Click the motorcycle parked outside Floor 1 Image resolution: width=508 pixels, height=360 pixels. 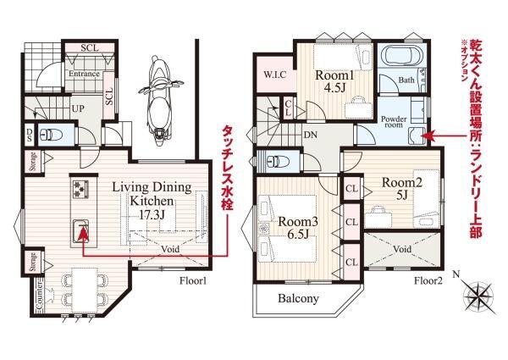click(x=159, y=101)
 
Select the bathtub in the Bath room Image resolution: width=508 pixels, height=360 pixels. click(x=401, y=56)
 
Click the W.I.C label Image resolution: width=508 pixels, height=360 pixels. click(x=274, y=75)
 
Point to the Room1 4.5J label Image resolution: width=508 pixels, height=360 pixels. click(x=334, y=81)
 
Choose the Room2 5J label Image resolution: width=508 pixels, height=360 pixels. click(x=402, y=188)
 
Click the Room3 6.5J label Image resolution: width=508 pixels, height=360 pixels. click(x=298, y=228)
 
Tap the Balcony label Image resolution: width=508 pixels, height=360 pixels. click(x=298, y=298)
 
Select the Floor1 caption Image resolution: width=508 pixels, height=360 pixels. click(x=193, y=280)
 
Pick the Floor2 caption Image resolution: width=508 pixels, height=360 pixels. click(x=428, y=280)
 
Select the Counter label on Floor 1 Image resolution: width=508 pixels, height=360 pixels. click(x=39, y=295)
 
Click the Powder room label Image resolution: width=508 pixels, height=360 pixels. click(x=394, y=122)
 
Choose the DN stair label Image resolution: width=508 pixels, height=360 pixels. click(x=311, y=136)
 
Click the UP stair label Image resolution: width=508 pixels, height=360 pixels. click(x=78, y=108)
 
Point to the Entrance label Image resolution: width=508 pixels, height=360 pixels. click(x=84, y=74)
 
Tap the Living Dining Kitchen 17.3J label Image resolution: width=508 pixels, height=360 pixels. click(x=152, y=201)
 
